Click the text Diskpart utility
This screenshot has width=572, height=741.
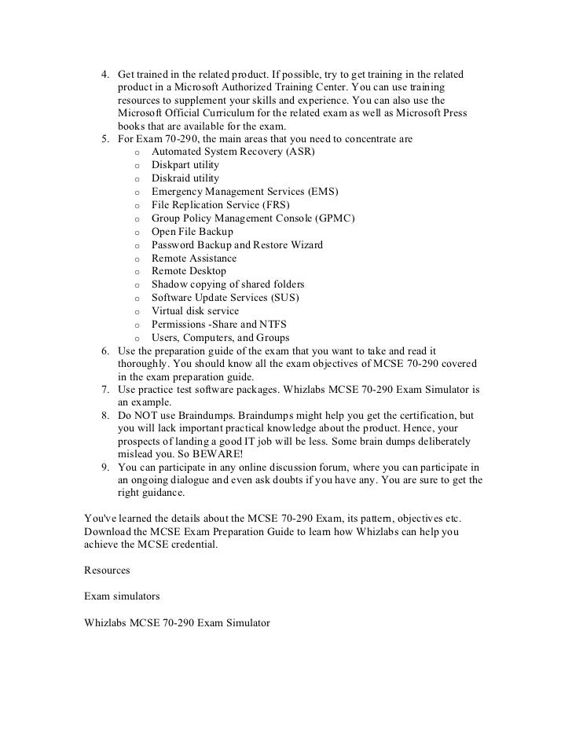pos(185,165)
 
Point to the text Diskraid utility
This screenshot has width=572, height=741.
pos(185,178)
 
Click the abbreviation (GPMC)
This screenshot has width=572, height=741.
pos(334,218)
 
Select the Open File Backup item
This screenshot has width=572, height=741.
pos(192,232)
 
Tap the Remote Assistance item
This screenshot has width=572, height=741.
pos(194,259)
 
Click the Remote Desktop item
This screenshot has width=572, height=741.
pos(189,271)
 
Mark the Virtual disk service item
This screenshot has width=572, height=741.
pos(195,311)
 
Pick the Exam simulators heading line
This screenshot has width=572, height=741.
pos(122,596)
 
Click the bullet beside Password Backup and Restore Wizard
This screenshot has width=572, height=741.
pos(137,246)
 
